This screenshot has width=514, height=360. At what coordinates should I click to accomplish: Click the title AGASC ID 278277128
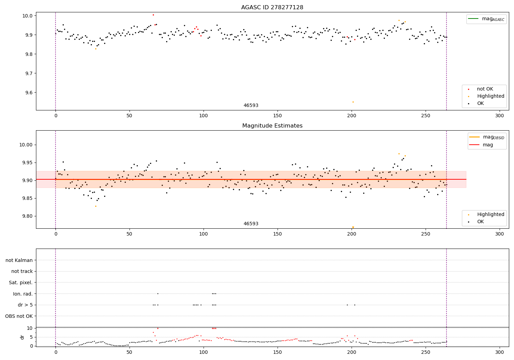pyautogui.click(x=272, y=8)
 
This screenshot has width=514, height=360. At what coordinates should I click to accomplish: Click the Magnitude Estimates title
pyautogui.click(x=272, y=126)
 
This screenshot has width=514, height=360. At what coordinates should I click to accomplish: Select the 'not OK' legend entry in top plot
pyautogui.click(x=485, y=89)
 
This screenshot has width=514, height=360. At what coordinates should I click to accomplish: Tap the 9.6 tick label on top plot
pyautogui.click(x=28, y=93)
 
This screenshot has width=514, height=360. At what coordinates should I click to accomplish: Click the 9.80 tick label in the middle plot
pyautogui.click(x=27, y=216)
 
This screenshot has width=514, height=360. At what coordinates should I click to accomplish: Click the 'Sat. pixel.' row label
pyautogui.click(x=21, y=283)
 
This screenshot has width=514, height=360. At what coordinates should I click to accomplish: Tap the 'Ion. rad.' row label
pyautogui.click(x=23, y=294)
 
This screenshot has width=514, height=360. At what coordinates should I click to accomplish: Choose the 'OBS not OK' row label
pyautogui.click(x=19, y=316)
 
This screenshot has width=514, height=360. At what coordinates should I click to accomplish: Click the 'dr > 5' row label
pyautogui.click(x=25, y=305)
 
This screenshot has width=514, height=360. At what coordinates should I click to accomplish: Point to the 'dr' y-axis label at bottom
pyautogui.click(x=22, y=337)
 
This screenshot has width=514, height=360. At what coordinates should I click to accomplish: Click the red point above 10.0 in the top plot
pyautogui.click(x=153, y=15)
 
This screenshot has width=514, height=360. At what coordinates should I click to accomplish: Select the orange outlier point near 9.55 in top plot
pyautogui.click(x=353, y=102)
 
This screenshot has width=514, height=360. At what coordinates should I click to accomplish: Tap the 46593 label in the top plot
pyautogui.click(x=251, y=106)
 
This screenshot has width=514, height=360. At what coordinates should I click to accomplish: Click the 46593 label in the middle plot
pyautogui.click(x=251, y=224)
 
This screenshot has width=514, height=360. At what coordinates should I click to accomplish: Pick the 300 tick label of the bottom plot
pyautogui.click(x=500, y=352)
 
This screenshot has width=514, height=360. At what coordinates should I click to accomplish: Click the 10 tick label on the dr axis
pyautogui.click(x=29, y=328)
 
